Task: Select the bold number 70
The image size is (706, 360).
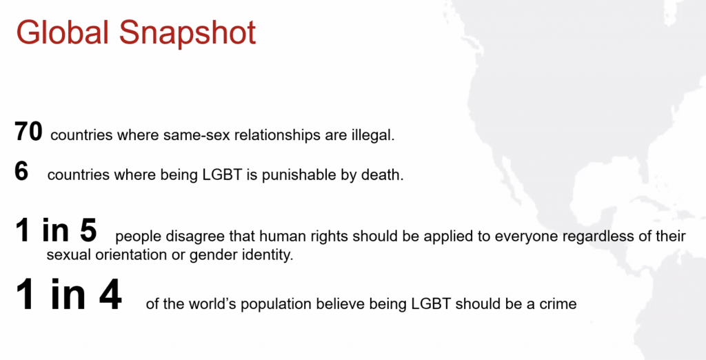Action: [x=28, y=131]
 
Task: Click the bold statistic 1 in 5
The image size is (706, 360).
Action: [x=57, y=230]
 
